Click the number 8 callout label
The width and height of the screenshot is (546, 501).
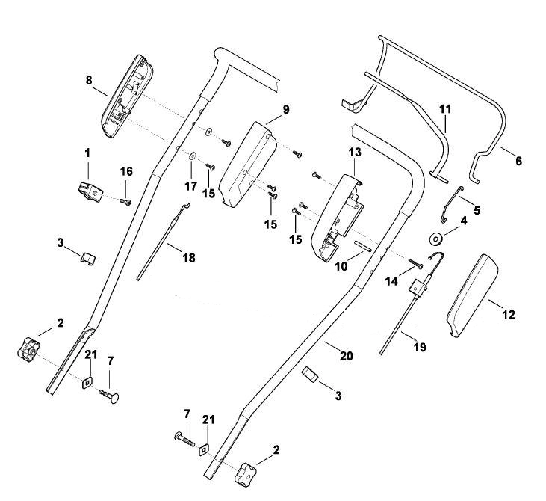[89, 80]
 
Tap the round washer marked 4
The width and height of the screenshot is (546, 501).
[435, 239]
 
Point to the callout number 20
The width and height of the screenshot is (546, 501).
[347, 356]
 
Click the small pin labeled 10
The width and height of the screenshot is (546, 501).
[363, 246]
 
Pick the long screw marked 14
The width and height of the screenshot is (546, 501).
[416, 264]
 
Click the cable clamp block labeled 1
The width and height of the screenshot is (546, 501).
[90, 191]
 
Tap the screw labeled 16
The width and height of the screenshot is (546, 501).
[125, 201]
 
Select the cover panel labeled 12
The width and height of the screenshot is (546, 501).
[472, 296]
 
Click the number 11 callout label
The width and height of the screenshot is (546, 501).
[445, 109]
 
